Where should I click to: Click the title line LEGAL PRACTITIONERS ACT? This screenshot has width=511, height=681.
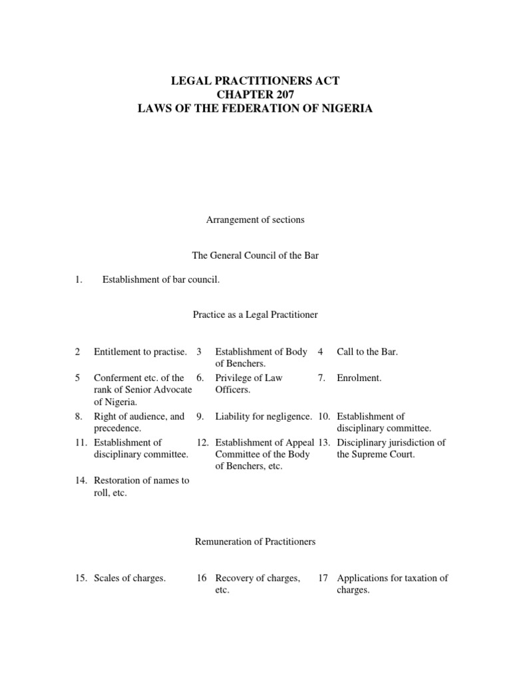click(255, 80)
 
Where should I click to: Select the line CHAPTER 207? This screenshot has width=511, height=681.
click(255, 94)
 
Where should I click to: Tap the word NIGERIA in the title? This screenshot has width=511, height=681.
click(345, 108)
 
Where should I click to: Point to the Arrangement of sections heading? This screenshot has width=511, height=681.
click(255, 220)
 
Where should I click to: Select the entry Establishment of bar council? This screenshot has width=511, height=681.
click(160, 280)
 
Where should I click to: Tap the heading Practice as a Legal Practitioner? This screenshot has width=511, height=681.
click(255, 315)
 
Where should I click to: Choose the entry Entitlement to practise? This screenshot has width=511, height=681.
click(140, 352)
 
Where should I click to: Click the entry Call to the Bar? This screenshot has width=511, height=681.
click(367, 352)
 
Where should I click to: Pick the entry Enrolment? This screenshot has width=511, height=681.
click(359, 378)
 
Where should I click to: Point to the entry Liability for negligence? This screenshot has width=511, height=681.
click(263, 416)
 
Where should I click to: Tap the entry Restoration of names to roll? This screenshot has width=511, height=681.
click(141, 487)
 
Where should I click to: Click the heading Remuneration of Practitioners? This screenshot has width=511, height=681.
click(255, 542)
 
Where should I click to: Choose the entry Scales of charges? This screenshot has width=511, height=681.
click(130, 579)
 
